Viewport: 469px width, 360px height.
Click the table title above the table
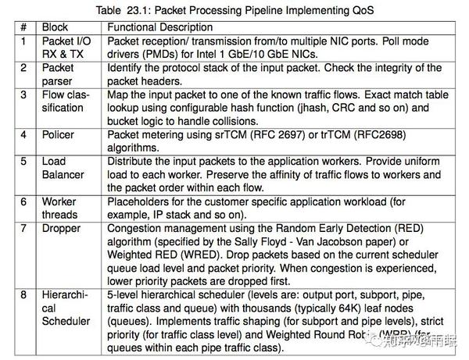234,11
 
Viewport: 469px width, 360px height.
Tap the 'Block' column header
55,27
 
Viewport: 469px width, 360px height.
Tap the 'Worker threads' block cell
59,207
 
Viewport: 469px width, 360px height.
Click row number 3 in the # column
24,94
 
